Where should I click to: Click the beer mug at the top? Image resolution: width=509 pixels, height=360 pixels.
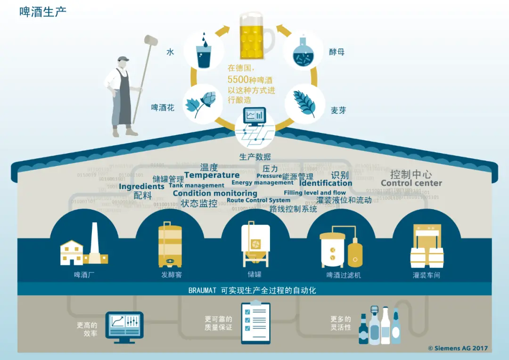tap(256, 35)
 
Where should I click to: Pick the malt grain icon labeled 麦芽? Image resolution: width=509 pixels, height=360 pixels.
tap(304, 103)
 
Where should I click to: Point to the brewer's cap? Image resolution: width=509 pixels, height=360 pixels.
tap(123, 59)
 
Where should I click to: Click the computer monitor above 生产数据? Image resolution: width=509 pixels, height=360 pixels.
tap(254, 117)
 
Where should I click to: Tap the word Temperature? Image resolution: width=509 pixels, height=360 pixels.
tap(212, 175)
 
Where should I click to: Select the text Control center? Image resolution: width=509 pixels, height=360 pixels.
tap(411, 183)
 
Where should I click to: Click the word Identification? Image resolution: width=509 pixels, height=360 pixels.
tap(326, 183)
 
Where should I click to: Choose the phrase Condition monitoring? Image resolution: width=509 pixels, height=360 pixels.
tap(215, 193)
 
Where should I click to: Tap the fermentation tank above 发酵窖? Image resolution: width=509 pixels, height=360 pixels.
tap(170, 246)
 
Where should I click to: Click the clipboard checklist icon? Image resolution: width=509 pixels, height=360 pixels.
tap(255, 323)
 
